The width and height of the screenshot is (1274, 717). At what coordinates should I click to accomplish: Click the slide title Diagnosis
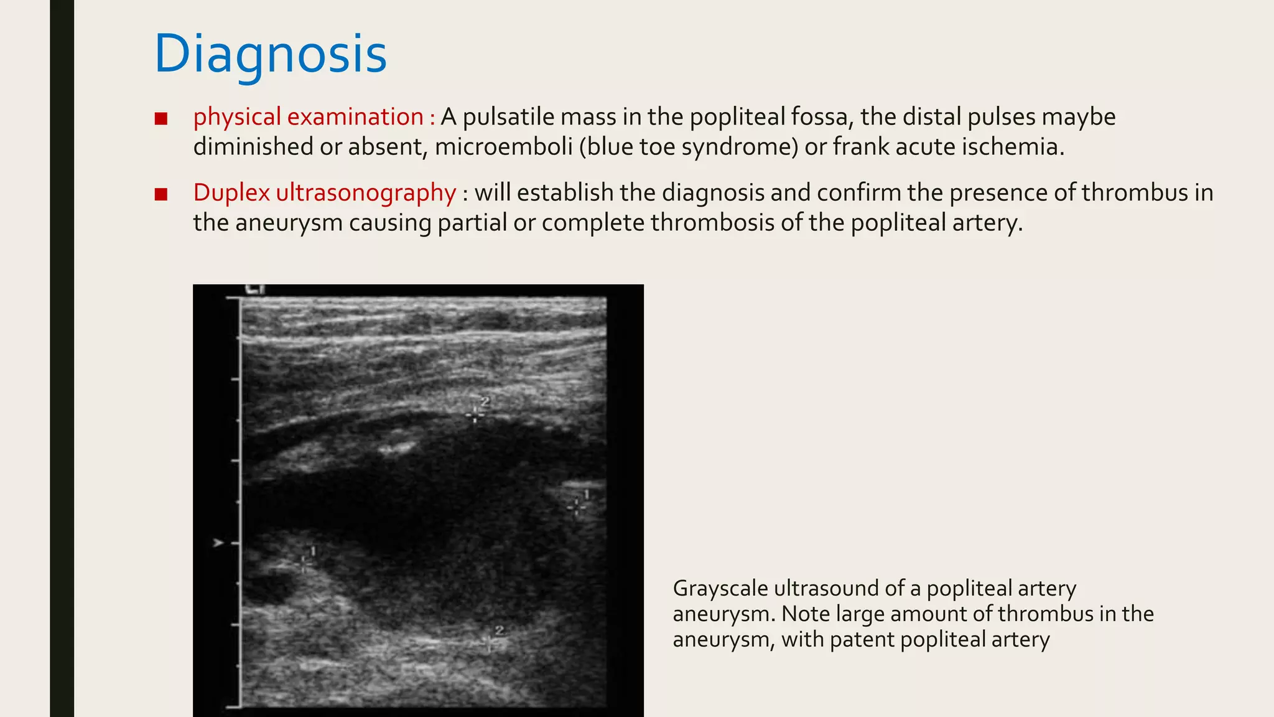tap(271, 55)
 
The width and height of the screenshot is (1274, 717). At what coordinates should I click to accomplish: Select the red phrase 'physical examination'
tap(309, 117)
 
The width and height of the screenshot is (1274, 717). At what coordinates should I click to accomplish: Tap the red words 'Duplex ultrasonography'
tap(325, 193)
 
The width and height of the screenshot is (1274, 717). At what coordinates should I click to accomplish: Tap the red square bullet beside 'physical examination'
tap(161, 118)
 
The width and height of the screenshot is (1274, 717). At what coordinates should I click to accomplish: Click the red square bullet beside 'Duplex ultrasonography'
tap(161, 194)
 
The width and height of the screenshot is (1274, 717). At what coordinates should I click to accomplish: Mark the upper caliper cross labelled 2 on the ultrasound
tap(475, 415)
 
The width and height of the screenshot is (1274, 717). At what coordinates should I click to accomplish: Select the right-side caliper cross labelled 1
tap(577, 507)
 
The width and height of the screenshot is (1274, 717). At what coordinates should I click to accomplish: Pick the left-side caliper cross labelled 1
tap(304, 564)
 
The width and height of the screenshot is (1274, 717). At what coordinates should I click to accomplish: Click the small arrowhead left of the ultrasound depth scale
tap(218, 543)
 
